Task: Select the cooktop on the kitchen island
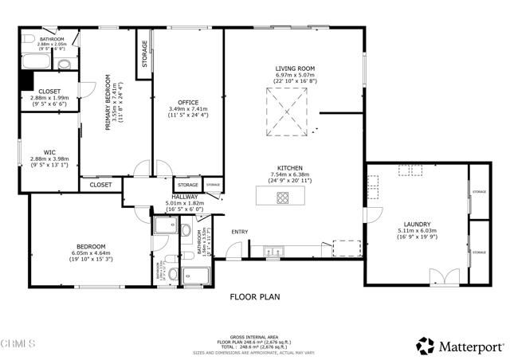(x=284, y=197)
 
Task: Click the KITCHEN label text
(x=289, y=167)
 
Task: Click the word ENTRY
(x=240, y=232)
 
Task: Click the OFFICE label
(x=188, y=102)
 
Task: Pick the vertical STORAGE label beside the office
(x=145, y=53)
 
